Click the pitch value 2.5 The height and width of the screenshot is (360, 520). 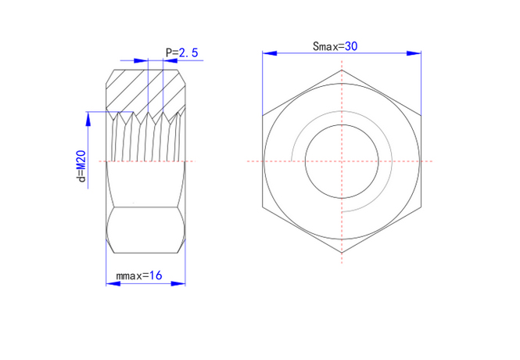point(188,52)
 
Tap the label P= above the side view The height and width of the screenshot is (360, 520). point(172,52)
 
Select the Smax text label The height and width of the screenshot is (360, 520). point(328,46)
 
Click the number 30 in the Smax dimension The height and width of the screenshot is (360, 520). point(351,46)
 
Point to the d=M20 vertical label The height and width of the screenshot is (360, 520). point(81,166)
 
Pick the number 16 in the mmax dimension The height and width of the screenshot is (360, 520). point(156,275)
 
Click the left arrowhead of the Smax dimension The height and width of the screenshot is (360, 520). point(270,53)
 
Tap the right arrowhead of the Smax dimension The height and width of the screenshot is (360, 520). point(414,53)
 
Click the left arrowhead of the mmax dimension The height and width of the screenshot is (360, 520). point(113,283)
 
